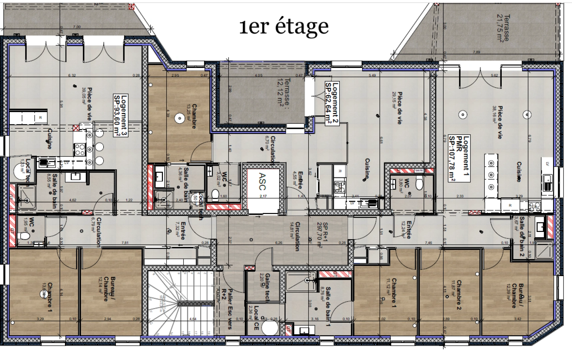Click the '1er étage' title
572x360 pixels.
284,26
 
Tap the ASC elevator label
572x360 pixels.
263,182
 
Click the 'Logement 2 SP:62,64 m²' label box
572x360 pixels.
332,104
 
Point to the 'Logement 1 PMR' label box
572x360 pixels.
459,159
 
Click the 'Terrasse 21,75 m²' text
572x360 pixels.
503,28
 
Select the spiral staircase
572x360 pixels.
180,303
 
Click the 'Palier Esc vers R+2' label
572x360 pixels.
227,308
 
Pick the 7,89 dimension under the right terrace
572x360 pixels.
476,52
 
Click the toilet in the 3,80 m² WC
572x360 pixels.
419,184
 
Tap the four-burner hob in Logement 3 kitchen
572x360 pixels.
80,149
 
